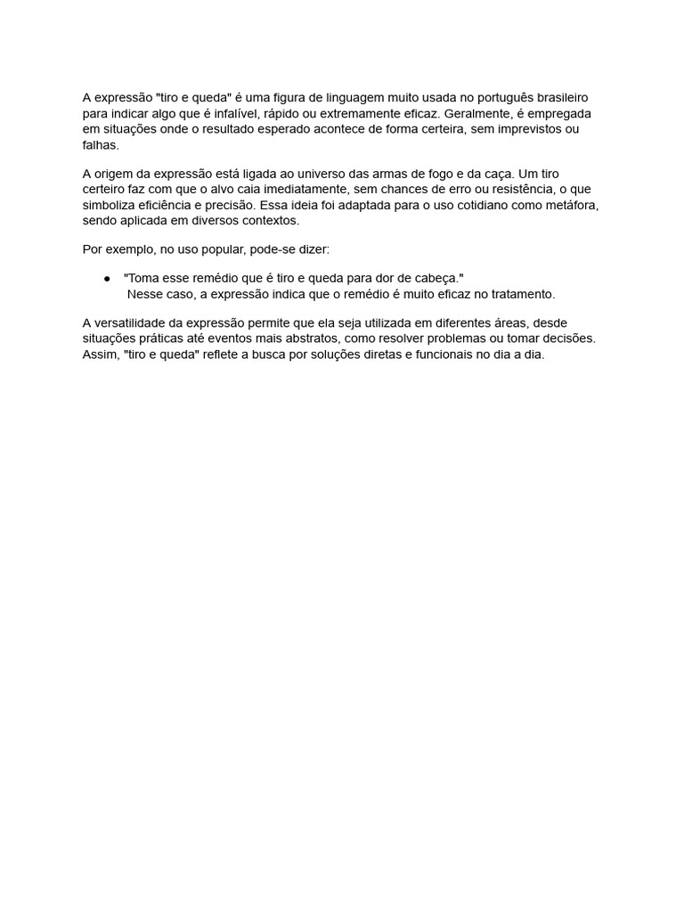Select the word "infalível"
click(x=230, y=114)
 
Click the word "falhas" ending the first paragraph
click(x=99, y=145)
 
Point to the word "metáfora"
click(x=573, y=205)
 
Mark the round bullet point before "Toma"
click(x=107, y=279)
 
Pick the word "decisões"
click(x=567, y=338)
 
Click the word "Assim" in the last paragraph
click(x=99, y=354)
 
